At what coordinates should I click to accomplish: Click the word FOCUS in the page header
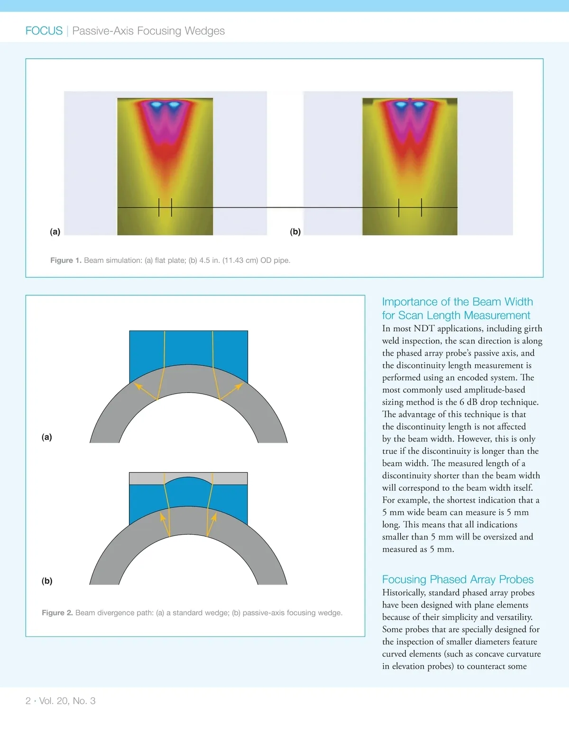44,31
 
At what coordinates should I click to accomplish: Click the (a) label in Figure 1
55,232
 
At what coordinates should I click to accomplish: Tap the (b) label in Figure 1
295,232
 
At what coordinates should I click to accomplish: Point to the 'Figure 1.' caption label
65,260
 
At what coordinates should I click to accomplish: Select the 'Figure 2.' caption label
57,612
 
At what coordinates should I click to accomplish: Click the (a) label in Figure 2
46,437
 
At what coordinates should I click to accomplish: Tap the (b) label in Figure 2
46,581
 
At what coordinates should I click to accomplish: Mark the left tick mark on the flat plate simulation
159,207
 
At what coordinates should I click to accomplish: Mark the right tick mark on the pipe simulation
422,207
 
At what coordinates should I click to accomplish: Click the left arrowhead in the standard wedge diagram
138,386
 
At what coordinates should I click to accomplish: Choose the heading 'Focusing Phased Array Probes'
458,579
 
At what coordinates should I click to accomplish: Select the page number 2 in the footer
28,701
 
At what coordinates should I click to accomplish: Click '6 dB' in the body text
468,402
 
